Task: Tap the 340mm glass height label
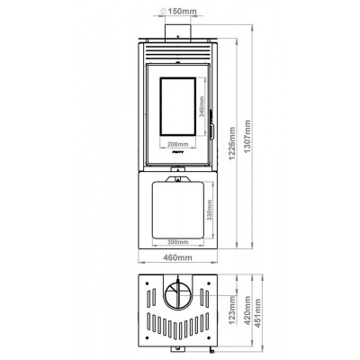pyautogui.click(x=202, y=112)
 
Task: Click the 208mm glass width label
pyautogui.click(x=176, y=144)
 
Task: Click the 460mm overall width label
pyautogui.click(x=178, y=257)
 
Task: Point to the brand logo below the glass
pyautogui.click(x=178, y=160)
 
